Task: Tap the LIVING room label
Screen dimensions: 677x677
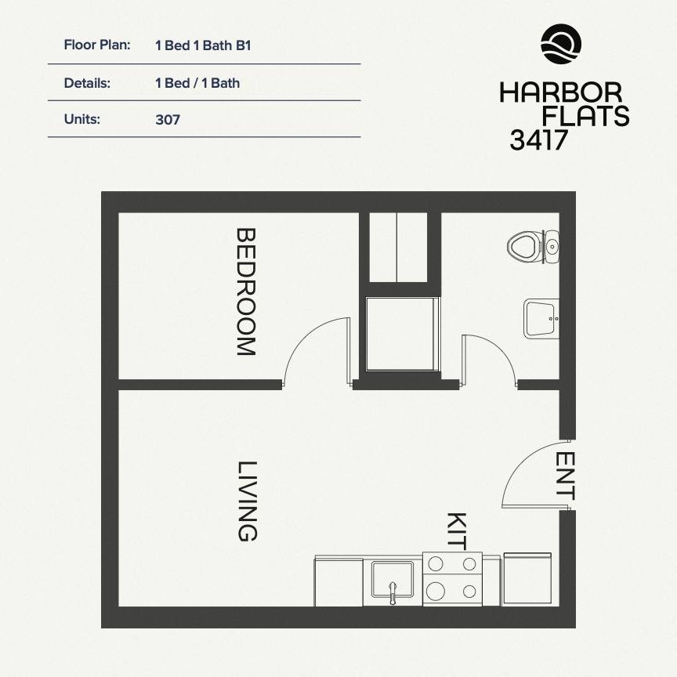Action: (247, 501)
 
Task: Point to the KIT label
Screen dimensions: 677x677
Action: (456, 530)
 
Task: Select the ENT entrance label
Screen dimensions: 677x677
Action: (566, 476)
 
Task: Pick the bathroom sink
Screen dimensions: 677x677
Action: (541, 317)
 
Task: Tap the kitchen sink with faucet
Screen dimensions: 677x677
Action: (393, 581)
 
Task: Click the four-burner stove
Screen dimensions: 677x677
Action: (451, 578)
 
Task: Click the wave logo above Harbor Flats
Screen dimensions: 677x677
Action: (561, 44)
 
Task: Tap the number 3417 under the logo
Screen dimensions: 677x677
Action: (538, 139)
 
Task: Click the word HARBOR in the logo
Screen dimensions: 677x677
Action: (560, 92)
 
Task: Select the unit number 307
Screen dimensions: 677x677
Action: (168, 120)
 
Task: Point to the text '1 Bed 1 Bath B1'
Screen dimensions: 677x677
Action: (203, 45)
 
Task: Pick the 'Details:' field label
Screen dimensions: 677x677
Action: (87, 82)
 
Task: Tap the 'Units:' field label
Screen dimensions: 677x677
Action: (83, 120)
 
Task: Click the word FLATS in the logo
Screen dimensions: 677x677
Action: (586, 116)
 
